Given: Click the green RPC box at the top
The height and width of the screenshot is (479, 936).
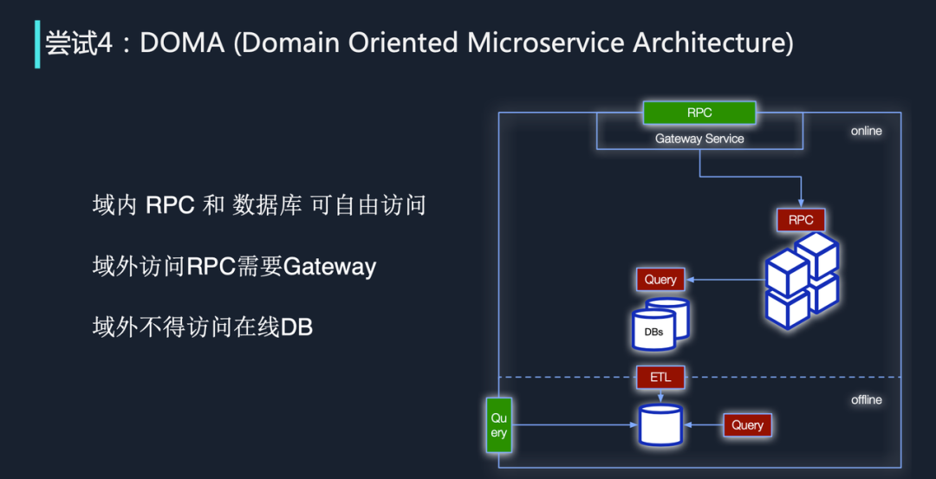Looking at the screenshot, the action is pos(699,113).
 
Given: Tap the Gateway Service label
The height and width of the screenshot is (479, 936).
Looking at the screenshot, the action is pos(699,139).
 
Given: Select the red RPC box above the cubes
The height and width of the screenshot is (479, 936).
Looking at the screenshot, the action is pos(801,220).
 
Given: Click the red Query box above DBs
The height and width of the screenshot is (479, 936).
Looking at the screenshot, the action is pos(660,280).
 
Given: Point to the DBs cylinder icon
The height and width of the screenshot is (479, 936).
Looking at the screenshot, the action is pos(660,323).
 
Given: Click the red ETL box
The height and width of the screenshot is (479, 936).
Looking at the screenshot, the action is pos(660,378).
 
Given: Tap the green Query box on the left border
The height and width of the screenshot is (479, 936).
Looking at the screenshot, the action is pos(498,425).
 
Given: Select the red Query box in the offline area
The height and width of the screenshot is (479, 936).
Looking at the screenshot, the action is pos(747,425).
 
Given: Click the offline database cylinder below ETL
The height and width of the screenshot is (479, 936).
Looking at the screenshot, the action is pos(660,424).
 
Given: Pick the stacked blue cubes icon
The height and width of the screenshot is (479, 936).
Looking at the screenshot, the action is pos(802,281).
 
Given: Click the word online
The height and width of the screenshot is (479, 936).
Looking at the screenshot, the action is pos(866,132).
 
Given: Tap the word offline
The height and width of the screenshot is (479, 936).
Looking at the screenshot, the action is pos(866,400).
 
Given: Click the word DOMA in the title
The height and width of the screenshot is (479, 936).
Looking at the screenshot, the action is pos(182,44).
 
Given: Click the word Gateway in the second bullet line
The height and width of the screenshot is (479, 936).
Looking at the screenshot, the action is pos(329,267).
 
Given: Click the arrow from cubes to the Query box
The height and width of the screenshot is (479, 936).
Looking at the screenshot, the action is pos(725,280).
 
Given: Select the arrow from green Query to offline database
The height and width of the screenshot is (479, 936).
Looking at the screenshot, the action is pos(575,424).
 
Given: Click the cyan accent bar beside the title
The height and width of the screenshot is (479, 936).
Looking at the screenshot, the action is pos(37,44).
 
